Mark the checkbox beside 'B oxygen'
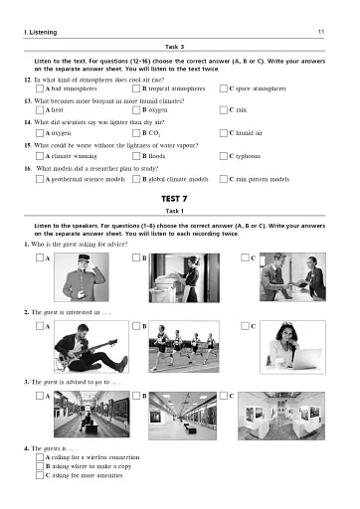(x=133, y=110)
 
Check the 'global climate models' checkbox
(x=133, y=177)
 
